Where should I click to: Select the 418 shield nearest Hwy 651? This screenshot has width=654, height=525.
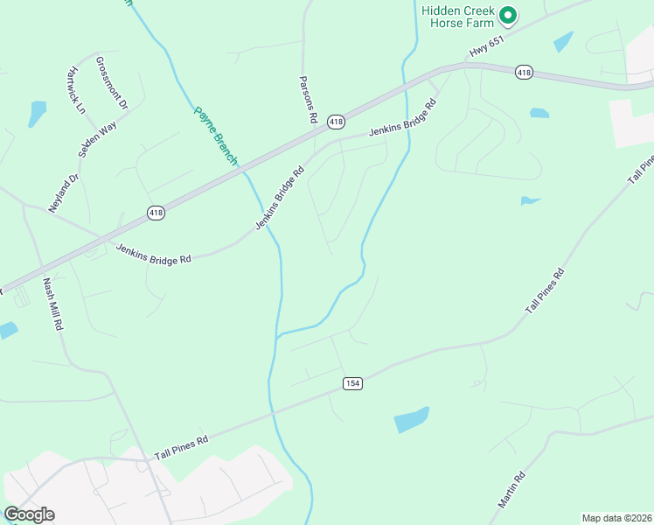[524, 72]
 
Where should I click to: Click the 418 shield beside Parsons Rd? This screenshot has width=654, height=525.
[336, 121]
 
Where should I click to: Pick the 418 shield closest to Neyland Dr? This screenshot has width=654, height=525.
[156, 213]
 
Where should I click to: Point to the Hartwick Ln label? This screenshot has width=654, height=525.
[77, 90]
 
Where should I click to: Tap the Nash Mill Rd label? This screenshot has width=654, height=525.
[53, 304]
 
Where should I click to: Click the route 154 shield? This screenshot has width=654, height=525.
[352, 383]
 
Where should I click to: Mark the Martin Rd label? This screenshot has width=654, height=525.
[511, 490]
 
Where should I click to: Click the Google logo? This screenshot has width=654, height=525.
[28, 514]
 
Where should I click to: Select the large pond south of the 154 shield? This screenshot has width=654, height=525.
[412, 419]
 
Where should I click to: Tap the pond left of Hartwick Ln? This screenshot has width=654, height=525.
[37, 114]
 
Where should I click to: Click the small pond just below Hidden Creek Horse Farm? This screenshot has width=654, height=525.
[563, 41]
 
